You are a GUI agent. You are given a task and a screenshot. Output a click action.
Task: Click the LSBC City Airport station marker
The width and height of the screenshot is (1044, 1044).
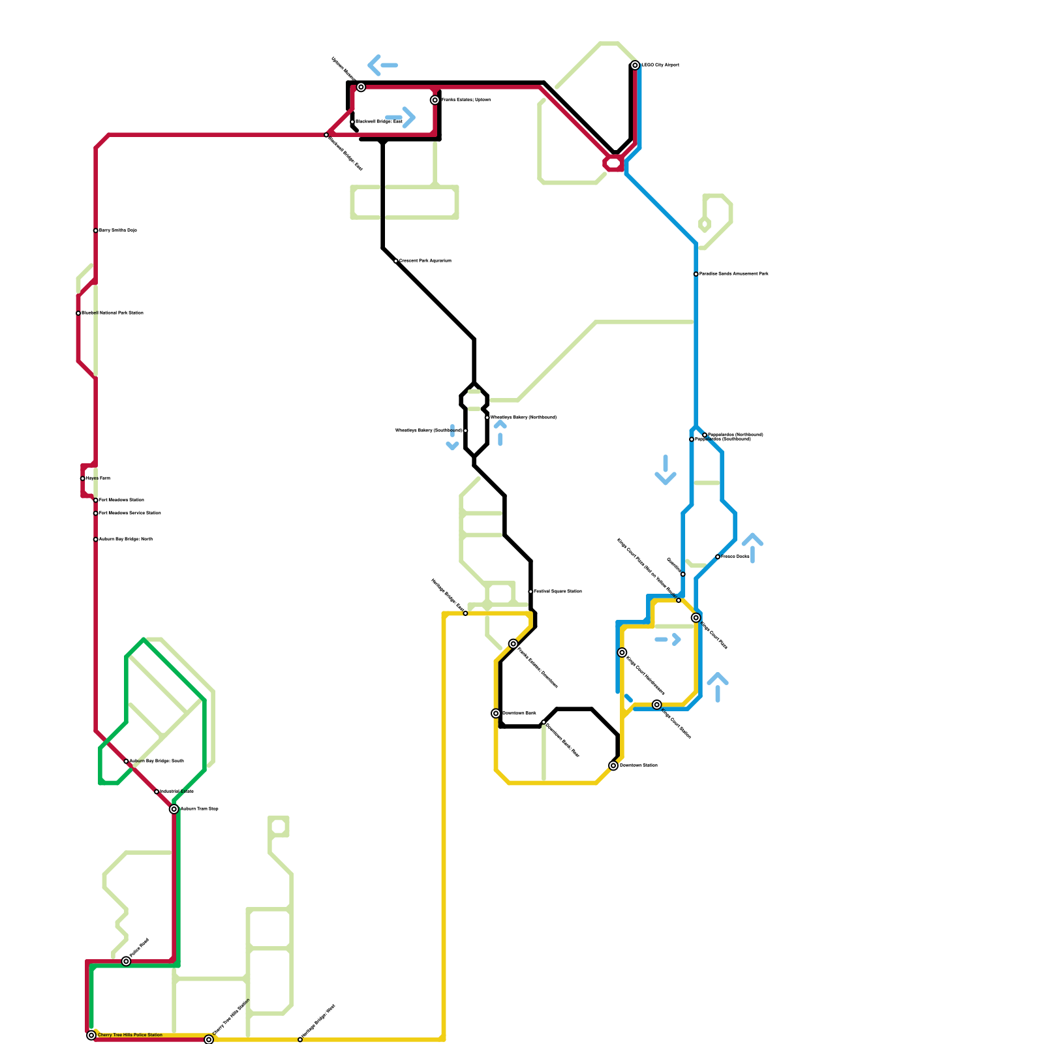[x=635, y=65]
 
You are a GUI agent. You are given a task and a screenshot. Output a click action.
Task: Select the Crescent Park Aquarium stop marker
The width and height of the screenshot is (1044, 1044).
[x=396, y=261]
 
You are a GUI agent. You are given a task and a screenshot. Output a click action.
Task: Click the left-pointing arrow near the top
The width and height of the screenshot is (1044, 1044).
[x=382, y=65]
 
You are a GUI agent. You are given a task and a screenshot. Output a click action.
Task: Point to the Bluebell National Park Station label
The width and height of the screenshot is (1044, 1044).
[x=112, y=313]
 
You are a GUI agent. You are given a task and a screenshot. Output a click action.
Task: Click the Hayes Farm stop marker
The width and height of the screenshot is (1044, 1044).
[x=82, y=478]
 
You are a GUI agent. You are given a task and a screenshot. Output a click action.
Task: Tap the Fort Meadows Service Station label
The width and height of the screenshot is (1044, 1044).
[x=130, y=513]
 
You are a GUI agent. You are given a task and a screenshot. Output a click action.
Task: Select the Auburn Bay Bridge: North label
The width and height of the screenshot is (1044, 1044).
[x=125, y=539]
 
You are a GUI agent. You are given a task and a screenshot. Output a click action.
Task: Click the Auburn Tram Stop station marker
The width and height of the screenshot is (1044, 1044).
[x=174, y=809]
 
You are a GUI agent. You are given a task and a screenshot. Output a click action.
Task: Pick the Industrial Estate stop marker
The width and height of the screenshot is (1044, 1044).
[x=157, y=791]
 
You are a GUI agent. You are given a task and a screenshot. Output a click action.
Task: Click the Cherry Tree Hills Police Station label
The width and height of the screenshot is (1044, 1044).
[x=130, y=1035]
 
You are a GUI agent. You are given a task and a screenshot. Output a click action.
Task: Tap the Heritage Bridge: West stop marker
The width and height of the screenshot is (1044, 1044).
[x=300, y=1039]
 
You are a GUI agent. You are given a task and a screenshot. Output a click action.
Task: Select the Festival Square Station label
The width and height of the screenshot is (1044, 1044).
[x=558, y=591]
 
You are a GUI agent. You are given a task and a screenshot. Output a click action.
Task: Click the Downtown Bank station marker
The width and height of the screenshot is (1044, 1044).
[x=496, y=713]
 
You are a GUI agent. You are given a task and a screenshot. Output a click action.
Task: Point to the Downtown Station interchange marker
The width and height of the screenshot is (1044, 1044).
[x=613, y=765]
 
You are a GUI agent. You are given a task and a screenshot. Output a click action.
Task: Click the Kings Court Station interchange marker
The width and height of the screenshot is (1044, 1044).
[x=657, y=705]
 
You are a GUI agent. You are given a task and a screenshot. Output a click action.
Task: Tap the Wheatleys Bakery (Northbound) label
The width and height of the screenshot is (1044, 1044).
[x=523, y=417]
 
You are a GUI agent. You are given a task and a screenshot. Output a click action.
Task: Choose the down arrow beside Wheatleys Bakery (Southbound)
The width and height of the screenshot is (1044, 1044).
[x=452, y=438]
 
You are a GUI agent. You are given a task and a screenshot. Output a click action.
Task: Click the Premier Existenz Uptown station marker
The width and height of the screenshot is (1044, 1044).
[x=435, y=100]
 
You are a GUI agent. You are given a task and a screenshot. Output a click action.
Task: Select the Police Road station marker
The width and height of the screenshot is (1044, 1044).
[x=126, y=961]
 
